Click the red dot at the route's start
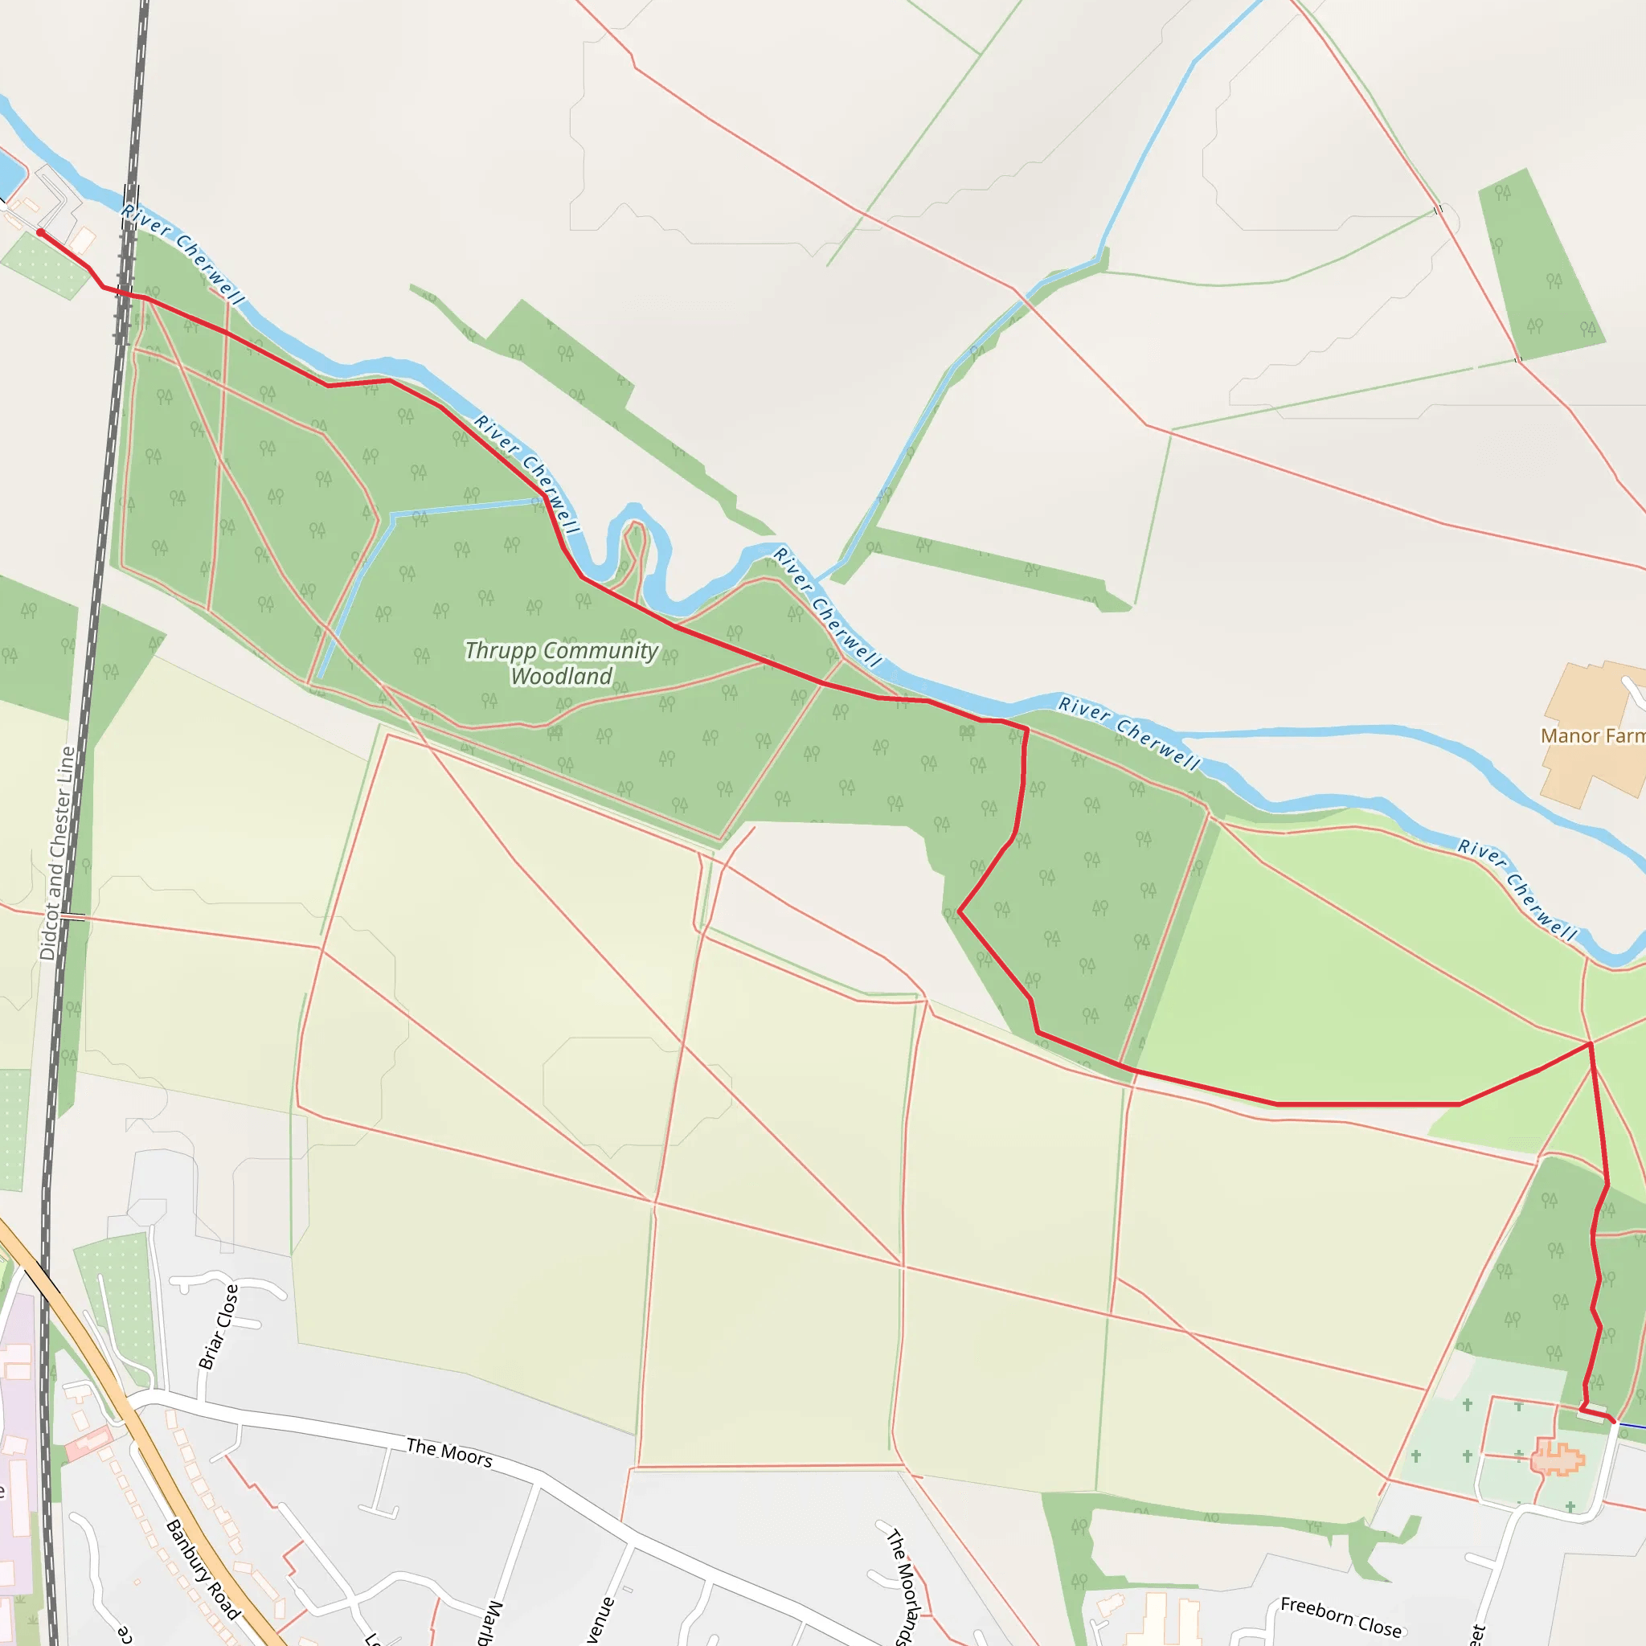40,231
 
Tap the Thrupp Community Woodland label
562,663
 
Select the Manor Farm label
1591,735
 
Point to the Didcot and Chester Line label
58,853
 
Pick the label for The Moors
449,1452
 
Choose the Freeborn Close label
1340,1617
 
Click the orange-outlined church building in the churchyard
1557,1458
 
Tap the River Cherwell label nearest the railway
183,254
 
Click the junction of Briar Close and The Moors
199,1402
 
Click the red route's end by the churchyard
1612,1419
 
